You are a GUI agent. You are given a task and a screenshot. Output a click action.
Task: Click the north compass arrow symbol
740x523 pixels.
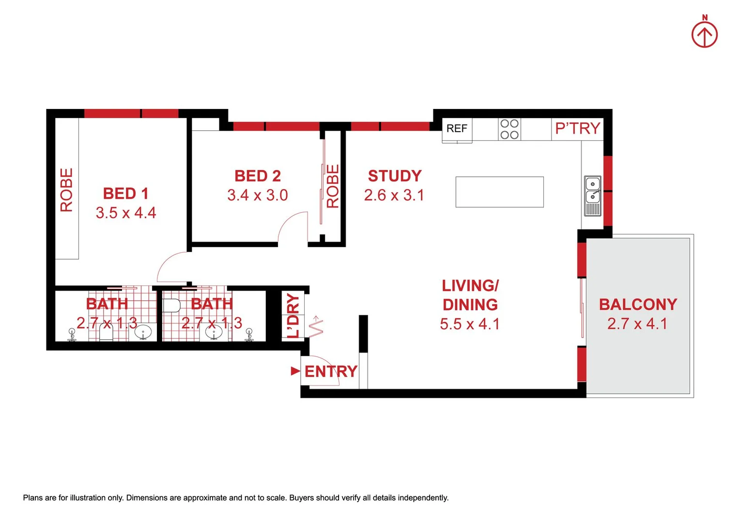click(704, 34)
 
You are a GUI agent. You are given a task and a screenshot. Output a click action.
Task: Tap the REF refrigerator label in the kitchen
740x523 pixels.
click(457, 128)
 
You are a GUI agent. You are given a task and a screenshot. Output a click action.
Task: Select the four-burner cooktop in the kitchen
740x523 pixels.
click(509, 129)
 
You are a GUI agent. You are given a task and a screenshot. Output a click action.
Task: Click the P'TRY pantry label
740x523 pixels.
click(577, 128)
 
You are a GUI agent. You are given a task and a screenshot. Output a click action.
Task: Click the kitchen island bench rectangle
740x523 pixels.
click(499, 192)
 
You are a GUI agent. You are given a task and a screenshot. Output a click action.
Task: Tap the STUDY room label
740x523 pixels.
click(395, 176)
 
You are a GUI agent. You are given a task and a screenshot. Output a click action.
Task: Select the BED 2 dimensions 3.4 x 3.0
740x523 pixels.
click(258, 195)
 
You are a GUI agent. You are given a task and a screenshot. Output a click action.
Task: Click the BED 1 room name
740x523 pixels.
click(125, 194)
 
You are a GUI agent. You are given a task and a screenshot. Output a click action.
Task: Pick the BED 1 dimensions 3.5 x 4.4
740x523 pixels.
click(126, 213)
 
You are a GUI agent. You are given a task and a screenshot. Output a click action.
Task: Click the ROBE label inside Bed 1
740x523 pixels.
click(66, 190)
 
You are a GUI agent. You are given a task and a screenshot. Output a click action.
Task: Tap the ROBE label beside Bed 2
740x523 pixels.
click(333, 186)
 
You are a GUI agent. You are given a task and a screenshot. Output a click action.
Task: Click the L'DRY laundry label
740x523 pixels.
click(293, 315)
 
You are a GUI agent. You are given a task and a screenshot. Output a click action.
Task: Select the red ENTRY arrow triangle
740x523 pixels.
click(295, 371)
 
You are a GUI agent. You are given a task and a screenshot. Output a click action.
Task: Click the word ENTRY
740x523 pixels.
click(331, 371)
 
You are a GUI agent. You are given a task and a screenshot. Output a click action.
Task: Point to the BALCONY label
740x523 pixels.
click(638, 305)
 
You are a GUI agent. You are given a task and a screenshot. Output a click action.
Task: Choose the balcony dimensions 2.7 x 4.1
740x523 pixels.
click(637, 323)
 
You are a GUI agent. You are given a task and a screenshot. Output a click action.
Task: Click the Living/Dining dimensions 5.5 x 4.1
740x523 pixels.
click(469, 324)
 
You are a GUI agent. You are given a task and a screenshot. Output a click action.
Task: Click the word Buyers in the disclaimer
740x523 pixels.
click(301, 498)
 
